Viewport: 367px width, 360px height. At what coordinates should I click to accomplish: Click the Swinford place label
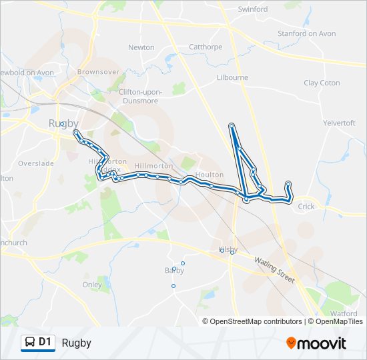253,9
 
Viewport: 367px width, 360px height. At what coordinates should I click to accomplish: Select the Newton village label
141,47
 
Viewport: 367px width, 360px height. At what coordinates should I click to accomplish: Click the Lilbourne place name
232,77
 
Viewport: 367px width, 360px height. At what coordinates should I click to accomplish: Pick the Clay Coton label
322,83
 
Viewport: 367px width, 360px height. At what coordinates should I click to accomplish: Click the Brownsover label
98,71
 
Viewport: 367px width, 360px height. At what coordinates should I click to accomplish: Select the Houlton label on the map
210,174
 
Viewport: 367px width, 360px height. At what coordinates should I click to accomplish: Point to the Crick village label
306,207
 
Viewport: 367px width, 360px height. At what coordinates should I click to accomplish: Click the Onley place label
92,285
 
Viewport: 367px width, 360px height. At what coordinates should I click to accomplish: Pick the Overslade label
31,163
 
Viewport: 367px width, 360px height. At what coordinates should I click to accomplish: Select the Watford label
344,313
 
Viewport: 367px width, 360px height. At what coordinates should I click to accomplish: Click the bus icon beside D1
30,343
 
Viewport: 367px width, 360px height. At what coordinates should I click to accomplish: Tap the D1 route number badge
45,343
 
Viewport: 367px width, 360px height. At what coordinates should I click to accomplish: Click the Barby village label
174,271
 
